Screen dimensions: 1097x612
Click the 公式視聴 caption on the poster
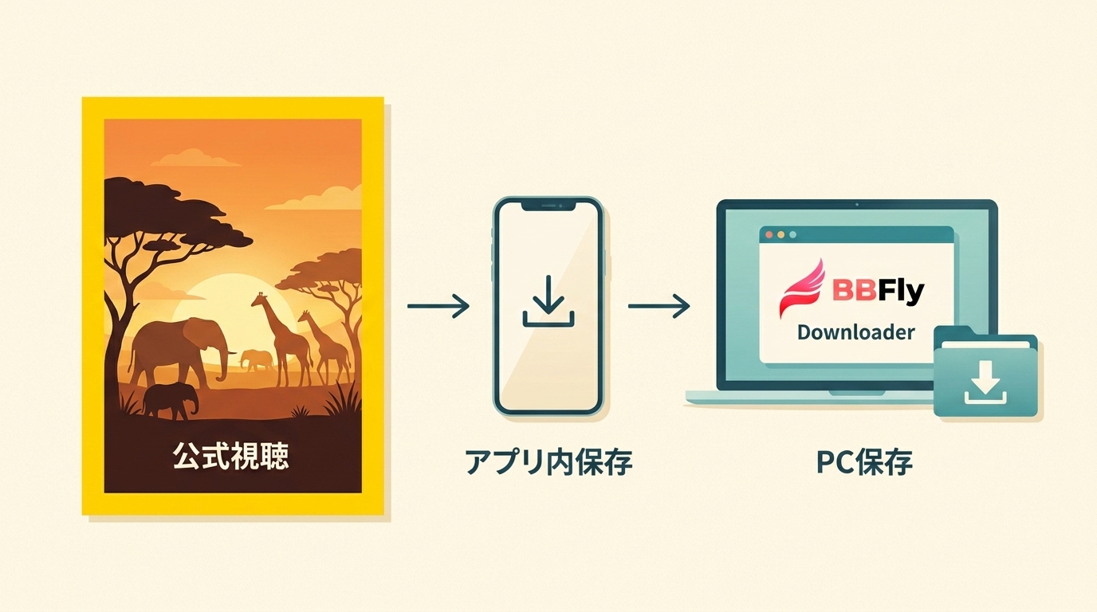230,457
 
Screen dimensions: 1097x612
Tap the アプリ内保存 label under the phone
548,461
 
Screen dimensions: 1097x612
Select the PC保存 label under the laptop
864,461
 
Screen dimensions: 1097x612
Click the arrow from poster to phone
438,306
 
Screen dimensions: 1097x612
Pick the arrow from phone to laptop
659,306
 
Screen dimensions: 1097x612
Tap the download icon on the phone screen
548,301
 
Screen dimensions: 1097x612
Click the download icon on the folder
985,382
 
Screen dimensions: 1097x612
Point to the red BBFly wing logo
802,288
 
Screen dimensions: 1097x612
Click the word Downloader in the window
855,332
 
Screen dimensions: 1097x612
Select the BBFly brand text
878,290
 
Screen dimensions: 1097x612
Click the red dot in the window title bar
769,235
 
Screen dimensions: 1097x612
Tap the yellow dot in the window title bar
781,235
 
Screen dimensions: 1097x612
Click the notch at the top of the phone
548,206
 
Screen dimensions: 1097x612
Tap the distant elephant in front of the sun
256,360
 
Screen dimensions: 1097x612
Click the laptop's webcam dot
856,204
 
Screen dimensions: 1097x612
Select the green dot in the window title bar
793,235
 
